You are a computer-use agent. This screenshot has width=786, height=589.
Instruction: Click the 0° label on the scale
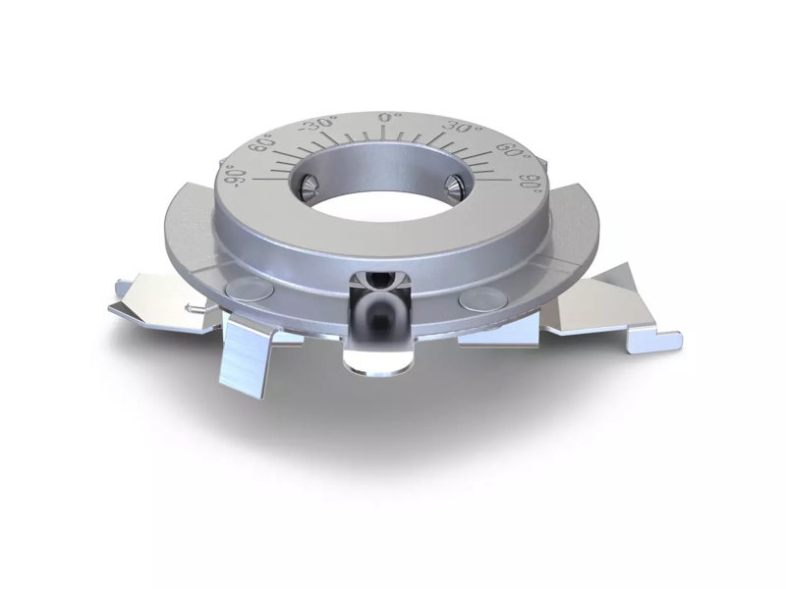[x=386, y=117]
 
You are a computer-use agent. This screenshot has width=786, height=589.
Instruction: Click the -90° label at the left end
[x=234, y=177]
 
